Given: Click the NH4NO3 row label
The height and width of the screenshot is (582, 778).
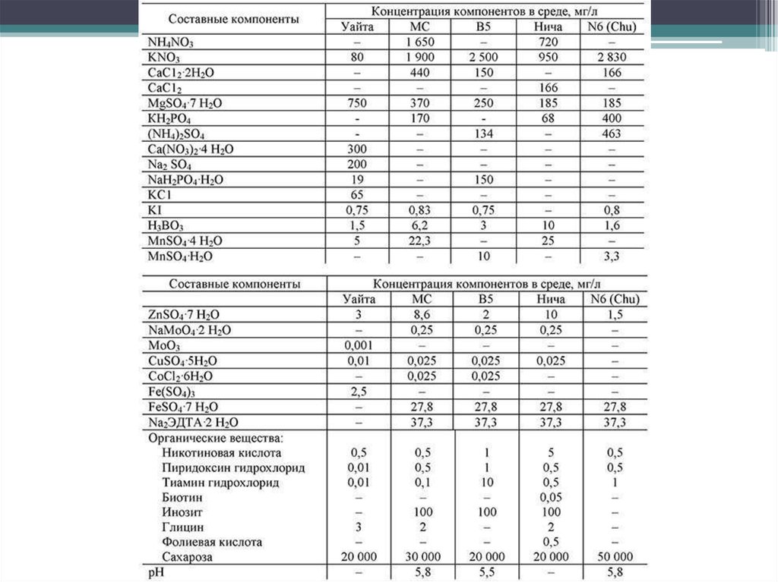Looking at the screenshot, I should pyautogui.click(x=171, y=42).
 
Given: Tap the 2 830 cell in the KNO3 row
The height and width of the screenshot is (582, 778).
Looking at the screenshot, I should pyautogui.click(x=611, y=58).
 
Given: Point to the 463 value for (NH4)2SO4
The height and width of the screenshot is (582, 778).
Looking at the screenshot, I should pyautogui.click(x=611, y=134).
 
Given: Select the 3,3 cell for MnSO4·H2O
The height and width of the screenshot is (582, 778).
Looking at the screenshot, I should pyautogui.click(x=611, y=256).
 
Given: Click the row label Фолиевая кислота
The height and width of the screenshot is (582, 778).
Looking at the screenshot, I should pyautogui.click(x=212, y=542).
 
